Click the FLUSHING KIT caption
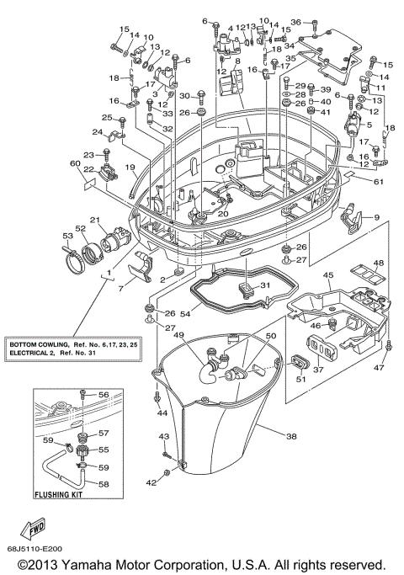click(x=63, y=497)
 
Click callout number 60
click(x=74, y=163)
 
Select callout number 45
click(x=327, y=274)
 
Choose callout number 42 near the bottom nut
click(x=151, y=483)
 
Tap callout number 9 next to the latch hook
click(x=376, y=218)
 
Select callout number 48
click(x=379, y=263)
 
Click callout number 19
click(x=130, y=168)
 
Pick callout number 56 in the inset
click(x=104, y=395)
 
